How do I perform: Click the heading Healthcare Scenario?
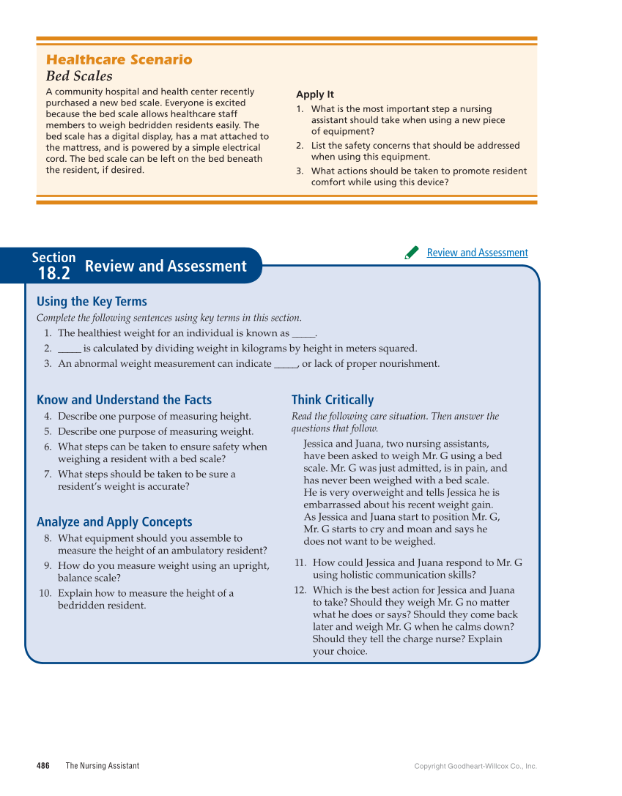(119, 60)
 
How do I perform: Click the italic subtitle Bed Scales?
(79, 76)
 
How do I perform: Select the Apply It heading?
(314, 94)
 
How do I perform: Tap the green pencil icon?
(412, 253)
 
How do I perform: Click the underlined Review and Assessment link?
(477, 253)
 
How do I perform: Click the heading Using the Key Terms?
(92, 302)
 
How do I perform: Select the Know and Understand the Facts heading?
(124, 400)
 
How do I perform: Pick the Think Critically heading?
(332, 400)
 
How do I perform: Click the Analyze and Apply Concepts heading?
(114, 522)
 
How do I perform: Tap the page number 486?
(43, 766)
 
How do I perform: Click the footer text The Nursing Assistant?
(102, 766)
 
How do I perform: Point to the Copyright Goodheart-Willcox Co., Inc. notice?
(475, 767)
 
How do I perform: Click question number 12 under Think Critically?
(300, 590)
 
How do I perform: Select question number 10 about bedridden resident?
(44, 593)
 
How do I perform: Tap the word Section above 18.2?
(53, 257)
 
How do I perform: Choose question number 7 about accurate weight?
(47, 474)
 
